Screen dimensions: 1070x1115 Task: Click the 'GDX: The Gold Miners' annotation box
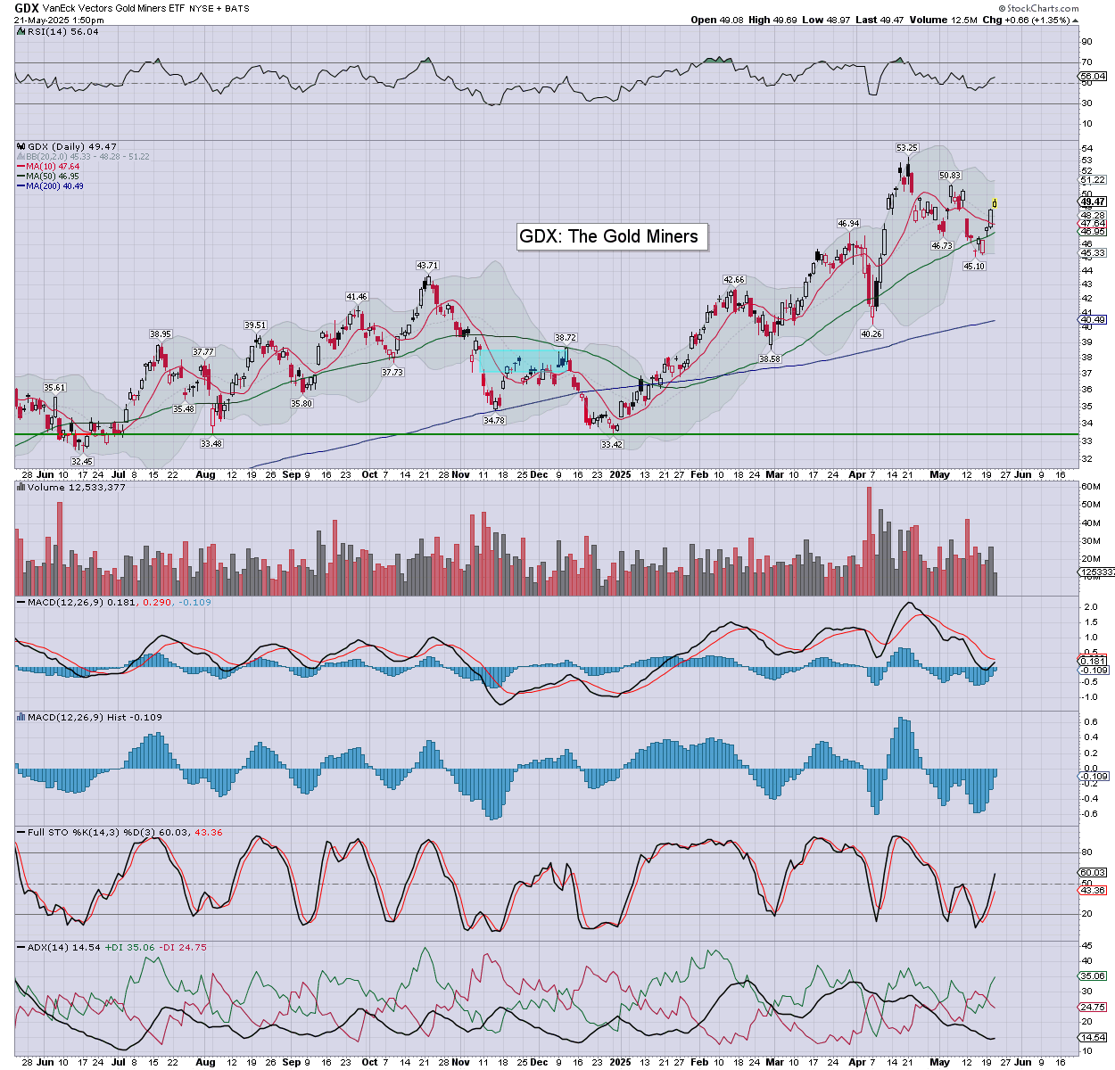(609, 236)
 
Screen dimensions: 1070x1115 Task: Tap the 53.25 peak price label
(906, 148)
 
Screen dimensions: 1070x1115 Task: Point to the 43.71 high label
(427, 266)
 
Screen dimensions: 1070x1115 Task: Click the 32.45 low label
(82, 462)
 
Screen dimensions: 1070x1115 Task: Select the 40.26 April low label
(871, 334)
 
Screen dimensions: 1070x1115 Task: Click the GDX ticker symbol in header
(26, 7)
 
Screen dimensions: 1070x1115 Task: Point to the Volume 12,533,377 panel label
(77, 488)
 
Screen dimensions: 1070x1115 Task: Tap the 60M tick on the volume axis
(1091, 487)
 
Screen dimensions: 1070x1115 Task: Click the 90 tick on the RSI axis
(1086, 41)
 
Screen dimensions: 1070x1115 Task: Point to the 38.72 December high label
(566, 338)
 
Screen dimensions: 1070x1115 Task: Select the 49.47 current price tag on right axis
(1094, 202)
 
